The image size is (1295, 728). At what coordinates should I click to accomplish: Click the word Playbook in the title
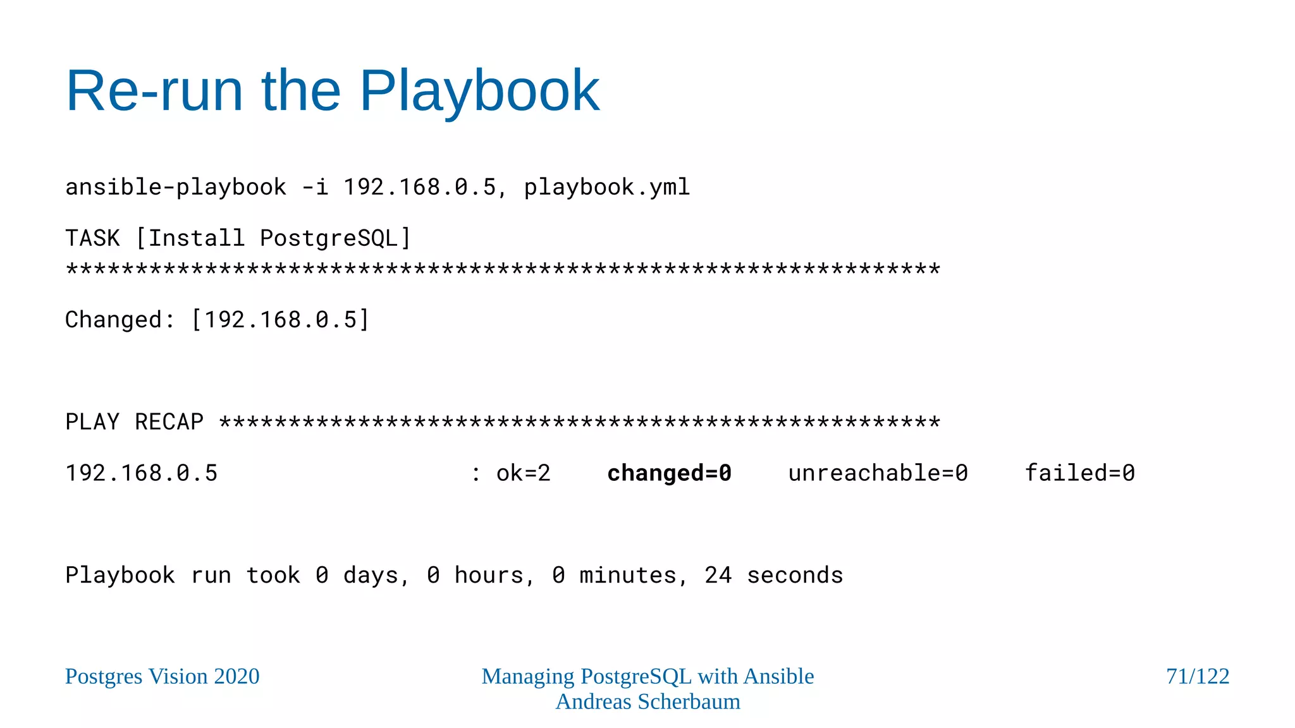click(x=479, y=92)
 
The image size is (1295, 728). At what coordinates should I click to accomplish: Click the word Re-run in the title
click(x=154, y=92)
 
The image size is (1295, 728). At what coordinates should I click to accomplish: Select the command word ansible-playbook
click(x=176, y=187)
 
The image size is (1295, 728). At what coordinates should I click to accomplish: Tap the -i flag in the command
click(x=315, y=187)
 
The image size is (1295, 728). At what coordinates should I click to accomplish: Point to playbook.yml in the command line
click(x=606, y=187)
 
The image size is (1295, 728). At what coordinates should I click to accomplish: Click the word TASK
click(x=92, y=238)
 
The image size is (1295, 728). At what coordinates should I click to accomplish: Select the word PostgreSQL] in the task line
click(x=336, y=238)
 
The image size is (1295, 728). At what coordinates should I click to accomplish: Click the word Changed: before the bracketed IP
click(x=120, y=320)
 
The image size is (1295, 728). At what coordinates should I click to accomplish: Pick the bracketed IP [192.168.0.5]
click(x=280, y=320)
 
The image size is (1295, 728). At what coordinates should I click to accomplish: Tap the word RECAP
click(x=169, y=422)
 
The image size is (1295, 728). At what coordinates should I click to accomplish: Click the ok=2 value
click(x=523, y=473)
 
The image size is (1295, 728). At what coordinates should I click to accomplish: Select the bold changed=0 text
click(x=669, y=473)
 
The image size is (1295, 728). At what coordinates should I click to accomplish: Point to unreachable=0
click(x=878, y=473)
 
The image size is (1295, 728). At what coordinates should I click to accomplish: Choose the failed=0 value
click(x=1079, y=473)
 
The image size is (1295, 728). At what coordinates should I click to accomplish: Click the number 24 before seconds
click(x=718, y=575)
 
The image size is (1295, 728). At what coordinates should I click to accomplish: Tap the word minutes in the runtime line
click(x=627, y=575)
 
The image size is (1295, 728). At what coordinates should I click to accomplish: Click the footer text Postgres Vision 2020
click(x=163, y=676)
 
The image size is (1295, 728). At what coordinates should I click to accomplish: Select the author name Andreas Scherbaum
click(x=647, y=701)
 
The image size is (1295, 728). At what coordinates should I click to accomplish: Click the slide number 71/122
click(x=1198, y=676)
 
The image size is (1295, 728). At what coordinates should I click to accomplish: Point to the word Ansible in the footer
click(x=778, y=676)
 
